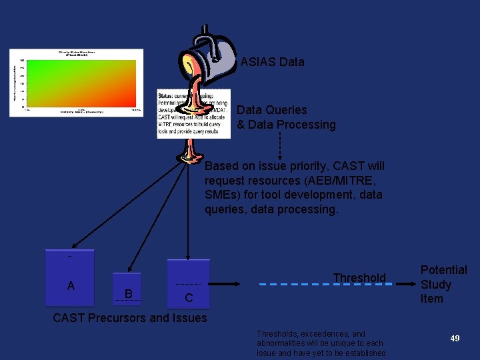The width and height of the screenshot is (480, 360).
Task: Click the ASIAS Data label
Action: (272, 62)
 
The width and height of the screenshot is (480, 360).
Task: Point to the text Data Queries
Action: (272, 110)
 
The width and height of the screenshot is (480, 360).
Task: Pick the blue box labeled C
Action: (188, 284)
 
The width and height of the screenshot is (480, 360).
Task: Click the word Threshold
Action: (359, 277)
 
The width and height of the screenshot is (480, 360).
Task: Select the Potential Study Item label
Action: (443, 284)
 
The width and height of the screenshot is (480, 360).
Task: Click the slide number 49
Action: (455, 339)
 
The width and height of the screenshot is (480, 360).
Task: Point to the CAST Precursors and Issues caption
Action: (130, 318)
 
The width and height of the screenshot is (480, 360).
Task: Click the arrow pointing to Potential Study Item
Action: (405, 284)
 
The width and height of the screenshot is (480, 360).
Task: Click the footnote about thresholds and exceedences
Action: (321, 343)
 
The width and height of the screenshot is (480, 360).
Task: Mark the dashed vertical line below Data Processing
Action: (280, 143)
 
